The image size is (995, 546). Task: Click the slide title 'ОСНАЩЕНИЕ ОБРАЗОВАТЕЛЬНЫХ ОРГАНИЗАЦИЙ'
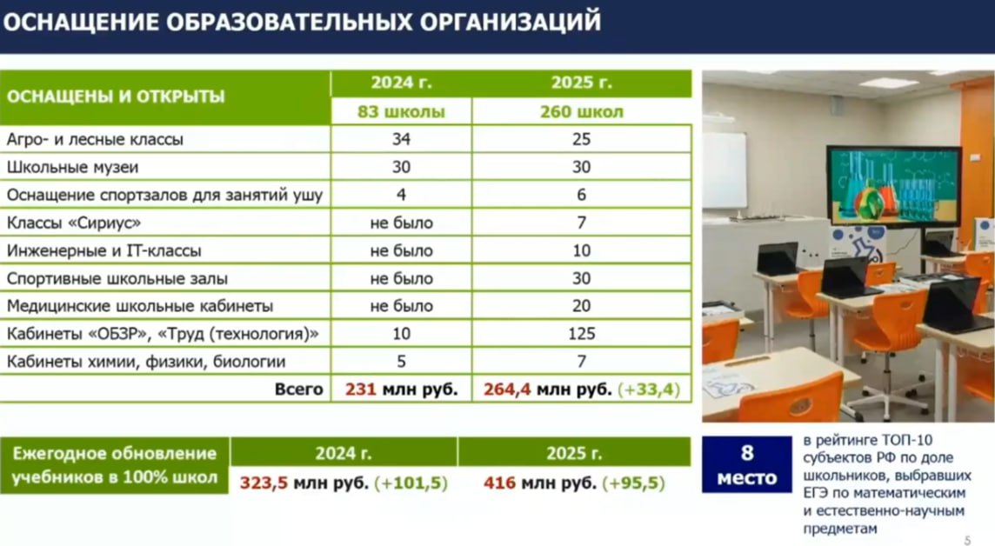tap(302, 22)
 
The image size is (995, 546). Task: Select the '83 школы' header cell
tap(401, 112)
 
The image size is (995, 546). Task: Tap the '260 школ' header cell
tap(581, 112)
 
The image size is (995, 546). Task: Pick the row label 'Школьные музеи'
tap(72, 167)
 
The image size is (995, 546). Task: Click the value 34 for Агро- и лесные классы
tap(401, 139)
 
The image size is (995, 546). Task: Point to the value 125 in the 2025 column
tap(581, 334)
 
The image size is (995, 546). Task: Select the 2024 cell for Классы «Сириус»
tap(401, 223)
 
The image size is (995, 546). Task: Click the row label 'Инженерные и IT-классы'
tap(104, 250)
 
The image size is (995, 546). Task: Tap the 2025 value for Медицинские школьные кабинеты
tap(581, 306)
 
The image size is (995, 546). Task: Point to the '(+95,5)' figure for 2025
tap(636, 483)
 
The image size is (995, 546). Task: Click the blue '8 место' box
tap(746, 465)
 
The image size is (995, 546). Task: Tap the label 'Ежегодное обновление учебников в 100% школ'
tap(114, 465)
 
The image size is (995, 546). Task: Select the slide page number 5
tap(967, 540)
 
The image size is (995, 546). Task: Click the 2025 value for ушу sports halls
tap(581, 195)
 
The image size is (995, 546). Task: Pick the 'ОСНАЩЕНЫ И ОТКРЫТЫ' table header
tap(116, 97)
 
